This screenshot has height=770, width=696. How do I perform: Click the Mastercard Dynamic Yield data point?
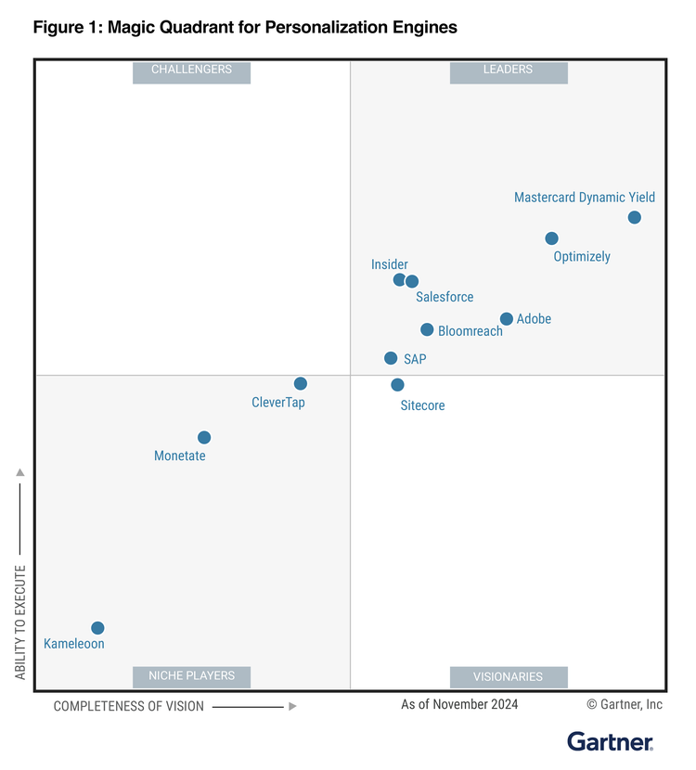click(x=634, y=218)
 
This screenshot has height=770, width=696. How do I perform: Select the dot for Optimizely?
click(x=551, y=238)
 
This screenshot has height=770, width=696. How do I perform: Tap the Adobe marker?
click(x=507, y=319)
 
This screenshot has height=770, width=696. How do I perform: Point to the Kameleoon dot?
click(x=97, y=628)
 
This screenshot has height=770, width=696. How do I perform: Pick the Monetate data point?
click(x=204, y=438)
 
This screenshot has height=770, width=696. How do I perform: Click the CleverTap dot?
click(x=301, y=383)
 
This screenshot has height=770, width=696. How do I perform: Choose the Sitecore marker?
click(x=397, y=385)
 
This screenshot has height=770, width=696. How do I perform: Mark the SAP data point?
click(x=391, y=358)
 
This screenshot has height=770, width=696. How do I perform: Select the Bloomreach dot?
click(x=427, y=329)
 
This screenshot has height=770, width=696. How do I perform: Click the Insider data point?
click(x=399, y=279)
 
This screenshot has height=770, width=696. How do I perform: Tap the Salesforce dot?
click(x=412, y=281)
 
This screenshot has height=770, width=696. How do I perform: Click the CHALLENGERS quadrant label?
click(x=191, y=71)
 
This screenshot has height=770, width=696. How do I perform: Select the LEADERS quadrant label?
click(x=508, y=71)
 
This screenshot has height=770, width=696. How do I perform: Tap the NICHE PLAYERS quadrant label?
click(x=191, y=676)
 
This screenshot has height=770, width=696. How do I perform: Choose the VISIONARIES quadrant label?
click(x=508, y=676)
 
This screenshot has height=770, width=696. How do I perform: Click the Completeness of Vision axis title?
click(x=129, y=706)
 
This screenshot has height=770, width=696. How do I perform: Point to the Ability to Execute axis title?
click(x=20, y=621)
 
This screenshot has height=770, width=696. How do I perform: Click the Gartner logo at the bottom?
click(x=610, y=741)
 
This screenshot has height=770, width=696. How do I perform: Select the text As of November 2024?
click(x=459, y=704)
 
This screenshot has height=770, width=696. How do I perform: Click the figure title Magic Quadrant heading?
click(x=245, y=27)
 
